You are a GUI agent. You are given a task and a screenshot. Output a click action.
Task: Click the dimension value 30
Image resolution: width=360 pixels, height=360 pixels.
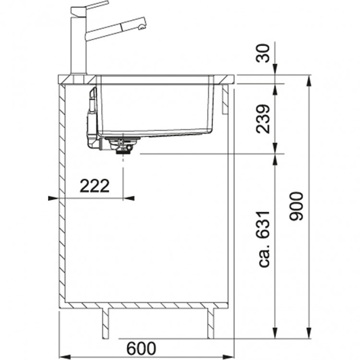pyautogui.click(x=263, y=53)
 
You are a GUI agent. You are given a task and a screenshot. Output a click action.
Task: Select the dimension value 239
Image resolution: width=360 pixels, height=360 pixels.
pyautogui.click(x=263, y=119)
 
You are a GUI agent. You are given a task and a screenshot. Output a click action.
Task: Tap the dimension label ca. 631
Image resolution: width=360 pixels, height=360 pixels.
pyautogui.click(x=263, y=239)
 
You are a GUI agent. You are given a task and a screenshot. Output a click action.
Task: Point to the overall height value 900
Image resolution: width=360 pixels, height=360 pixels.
pyautogui.click(x=296, y=206)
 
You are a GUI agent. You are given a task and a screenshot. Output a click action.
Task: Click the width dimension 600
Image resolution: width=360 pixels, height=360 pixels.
pyautogui.click(x=141, y=348)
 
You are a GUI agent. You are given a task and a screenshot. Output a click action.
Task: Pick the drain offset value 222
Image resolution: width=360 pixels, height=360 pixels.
pyautogui.click(x=95, y=186)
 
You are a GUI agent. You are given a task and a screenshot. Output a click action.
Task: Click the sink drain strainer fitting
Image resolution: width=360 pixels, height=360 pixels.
pyautogui.click(x=122, y=144)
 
